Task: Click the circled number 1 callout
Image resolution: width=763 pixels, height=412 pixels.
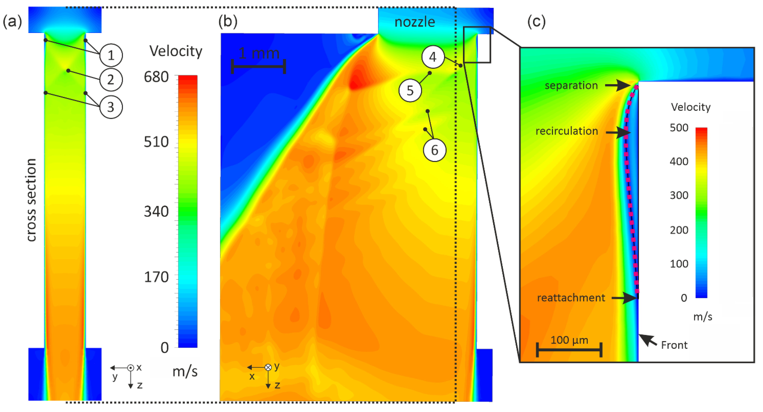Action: [x=111, y=55]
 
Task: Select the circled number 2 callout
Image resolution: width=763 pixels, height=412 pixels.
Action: [x=111, y=80]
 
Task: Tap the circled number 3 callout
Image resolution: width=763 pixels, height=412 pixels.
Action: [x=111, y=107]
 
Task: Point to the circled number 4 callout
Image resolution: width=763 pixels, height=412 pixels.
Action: [x=433, y=57]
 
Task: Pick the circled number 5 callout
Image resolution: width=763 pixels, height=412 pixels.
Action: [x=410, y=90]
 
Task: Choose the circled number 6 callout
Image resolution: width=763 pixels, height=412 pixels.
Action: [x=435, y=150]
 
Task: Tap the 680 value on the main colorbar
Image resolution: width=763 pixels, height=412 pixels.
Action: [x=156, y=77]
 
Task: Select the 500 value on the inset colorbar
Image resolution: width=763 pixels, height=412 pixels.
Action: [x=679, y=128]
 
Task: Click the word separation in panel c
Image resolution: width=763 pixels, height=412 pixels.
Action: [x=571, y=85]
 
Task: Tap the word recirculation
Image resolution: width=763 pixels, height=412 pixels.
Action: [x=567, y=131]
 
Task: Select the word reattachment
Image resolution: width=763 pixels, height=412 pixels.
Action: [x=571, y=298]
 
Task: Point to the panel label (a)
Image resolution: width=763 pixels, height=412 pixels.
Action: [x=12, y=22]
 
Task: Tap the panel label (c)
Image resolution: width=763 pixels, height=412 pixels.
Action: [x=536, y=22]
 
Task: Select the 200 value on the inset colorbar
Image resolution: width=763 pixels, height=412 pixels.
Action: [x=679, y=230]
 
